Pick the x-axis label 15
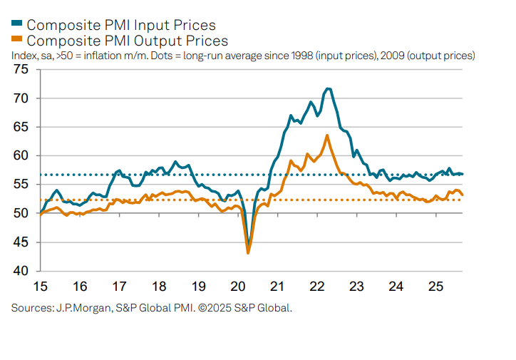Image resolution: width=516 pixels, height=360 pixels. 40,286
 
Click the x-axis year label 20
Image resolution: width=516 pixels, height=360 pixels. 238,286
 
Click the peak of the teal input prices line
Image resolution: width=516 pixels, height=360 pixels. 327,88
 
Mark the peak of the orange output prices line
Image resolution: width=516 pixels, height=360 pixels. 326,135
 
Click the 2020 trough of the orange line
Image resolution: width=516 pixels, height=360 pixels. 248,252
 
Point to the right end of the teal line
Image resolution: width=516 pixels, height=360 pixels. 462,174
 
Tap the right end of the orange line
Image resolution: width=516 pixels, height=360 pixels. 462,195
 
